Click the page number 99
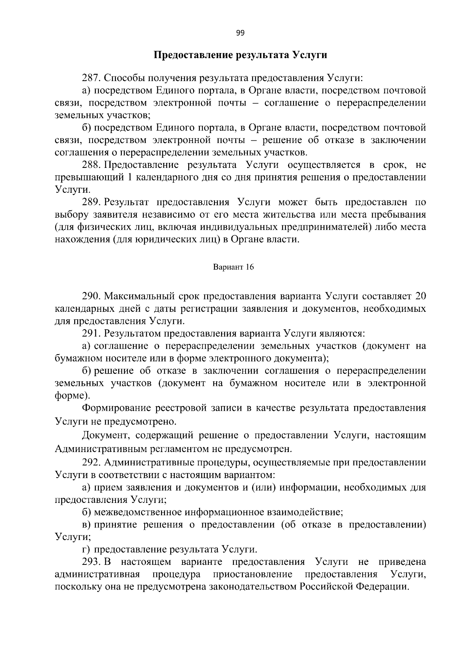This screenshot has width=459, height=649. click(x=240, y=33)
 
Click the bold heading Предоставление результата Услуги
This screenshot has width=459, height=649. click(x=240, y=55)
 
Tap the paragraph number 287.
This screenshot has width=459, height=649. click(x=91, y=78)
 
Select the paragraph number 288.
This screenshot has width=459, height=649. click(x=91, y=165)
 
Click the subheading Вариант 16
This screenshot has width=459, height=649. click(x=233, y=267)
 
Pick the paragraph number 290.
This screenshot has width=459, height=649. click(x=91, y=296)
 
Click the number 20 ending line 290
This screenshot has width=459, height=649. click(x=420, y=296)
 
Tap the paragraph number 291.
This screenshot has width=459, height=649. click(x=91, y=333)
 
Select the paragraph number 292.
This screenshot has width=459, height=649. click(x=91, y=463)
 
